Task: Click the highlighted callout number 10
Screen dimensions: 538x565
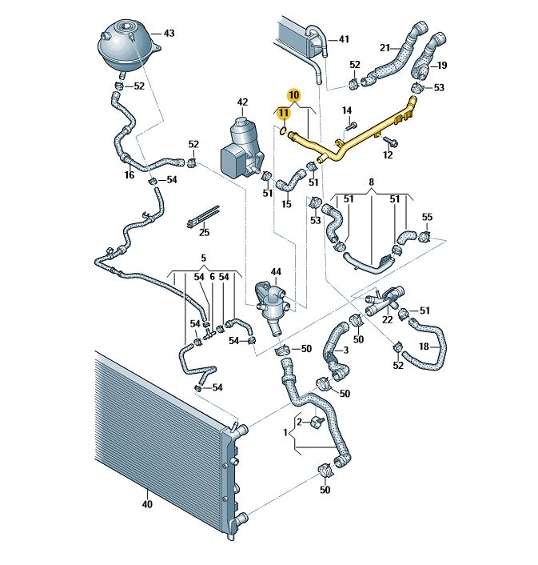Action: [293, 95]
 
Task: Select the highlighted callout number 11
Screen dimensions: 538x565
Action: [284, 113]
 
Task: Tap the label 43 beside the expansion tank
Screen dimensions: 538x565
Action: [169, 33]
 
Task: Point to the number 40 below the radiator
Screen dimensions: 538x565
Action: [147, 504]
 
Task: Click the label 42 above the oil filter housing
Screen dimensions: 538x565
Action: [242, 102]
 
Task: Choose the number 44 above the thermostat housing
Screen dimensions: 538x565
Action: [276, 271]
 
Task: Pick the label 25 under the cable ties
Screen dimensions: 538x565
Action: [204, 232]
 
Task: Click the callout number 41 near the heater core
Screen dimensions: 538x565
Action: [344, 39]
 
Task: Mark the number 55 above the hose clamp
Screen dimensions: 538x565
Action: [427, 217]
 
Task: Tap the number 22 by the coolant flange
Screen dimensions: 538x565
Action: [387, 319]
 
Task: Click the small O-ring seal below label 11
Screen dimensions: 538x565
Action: [284, 130]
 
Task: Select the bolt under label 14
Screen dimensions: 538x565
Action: [351, 126]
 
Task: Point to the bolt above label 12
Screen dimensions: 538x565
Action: [390, 141]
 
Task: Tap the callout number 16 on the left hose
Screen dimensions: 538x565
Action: [130, 174]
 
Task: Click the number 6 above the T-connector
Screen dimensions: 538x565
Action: [213, 277]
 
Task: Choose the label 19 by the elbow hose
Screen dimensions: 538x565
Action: [441, 65]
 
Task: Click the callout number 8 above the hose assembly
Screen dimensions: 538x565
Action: [372, 182]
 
